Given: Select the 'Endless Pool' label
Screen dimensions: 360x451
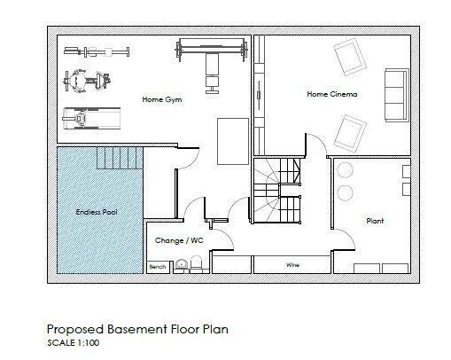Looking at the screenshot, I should [x=96, y=213].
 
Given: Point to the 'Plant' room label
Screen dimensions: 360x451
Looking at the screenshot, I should [x=375, y=220].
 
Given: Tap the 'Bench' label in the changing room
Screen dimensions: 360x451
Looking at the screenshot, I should [x=158, y=266].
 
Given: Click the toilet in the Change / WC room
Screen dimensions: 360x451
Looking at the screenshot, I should [x=182, y=263].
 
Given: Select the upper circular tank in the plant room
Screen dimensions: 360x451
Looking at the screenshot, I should [x=345, y=169].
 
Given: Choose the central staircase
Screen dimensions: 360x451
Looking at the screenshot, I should [x=275, y=191].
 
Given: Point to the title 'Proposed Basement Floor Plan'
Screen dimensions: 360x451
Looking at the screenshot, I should [x=137, y=329].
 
